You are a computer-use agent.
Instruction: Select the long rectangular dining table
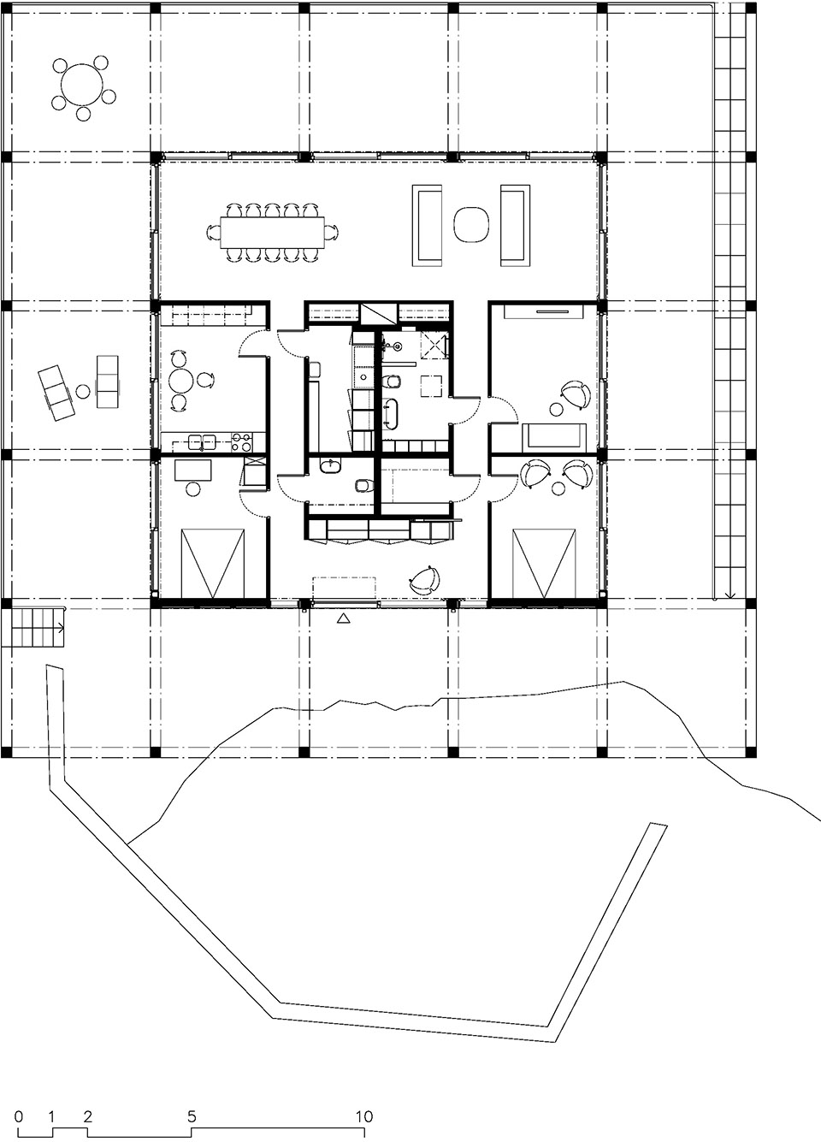[273, 233]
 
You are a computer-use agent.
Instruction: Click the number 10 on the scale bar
[365, 1103]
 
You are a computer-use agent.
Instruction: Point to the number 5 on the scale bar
[192, 1103]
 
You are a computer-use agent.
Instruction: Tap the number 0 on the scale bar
[19, 1103]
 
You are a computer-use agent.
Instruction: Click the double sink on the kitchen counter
[203, 441]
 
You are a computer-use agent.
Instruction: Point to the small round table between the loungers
[83, 392]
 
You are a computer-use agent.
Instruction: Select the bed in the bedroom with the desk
[214, 564]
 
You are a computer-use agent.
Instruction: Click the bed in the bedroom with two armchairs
[545, 564]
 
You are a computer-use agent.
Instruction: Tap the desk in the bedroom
[193, 470]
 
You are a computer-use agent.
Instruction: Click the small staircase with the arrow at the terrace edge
[33, 628]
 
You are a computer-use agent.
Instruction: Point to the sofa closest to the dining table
[429, 225]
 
